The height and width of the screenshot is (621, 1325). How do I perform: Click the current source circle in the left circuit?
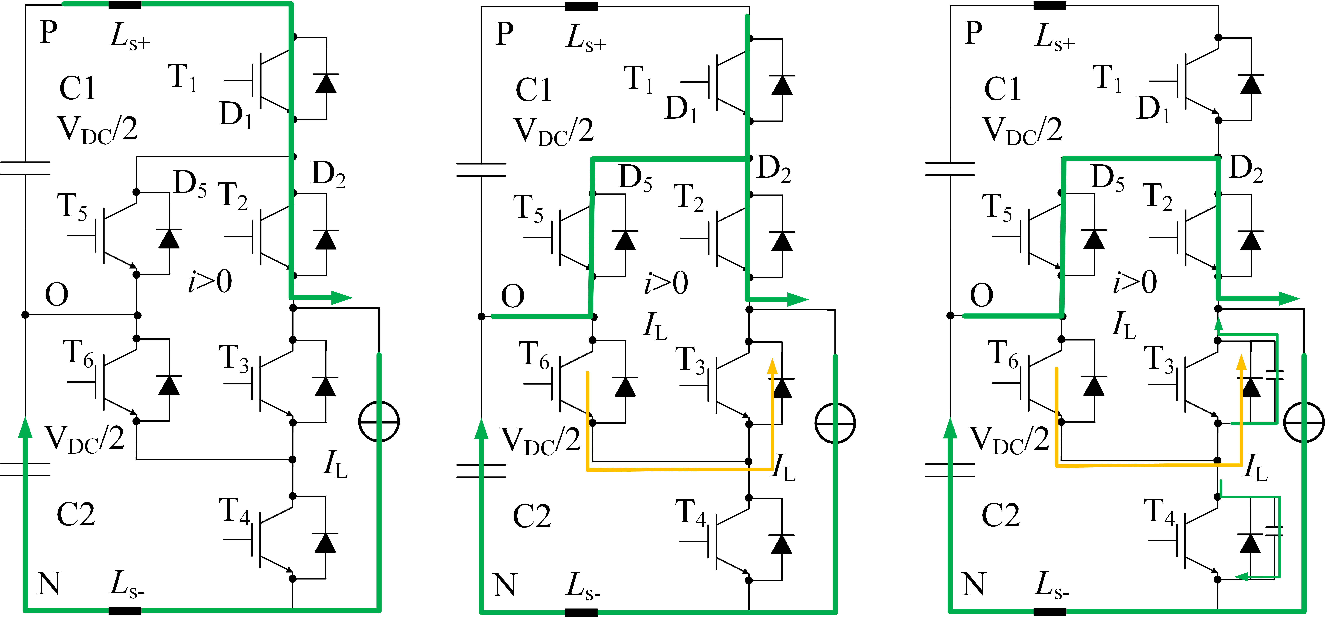pyautogui.click(x=379, y=422)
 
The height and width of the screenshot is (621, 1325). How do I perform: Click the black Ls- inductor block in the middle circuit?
pyautogui.click(x=581, y=612)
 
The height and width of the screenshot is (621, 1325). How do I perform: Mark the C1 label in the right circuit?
pyautogui.click(x=1003, y=88)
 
